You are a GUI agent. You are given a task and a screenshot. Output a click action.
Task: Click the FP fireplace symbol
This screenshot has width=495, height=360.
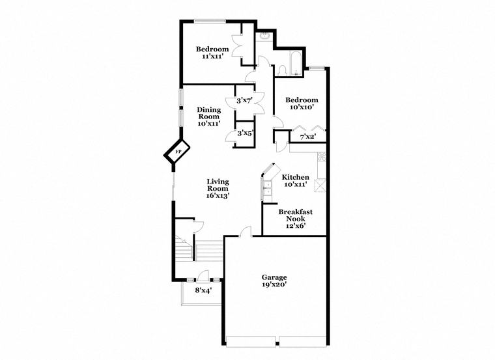(177, 152)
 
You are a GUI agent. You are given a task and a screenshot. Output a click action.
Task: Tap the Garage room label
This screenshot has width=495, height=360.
(274, 277)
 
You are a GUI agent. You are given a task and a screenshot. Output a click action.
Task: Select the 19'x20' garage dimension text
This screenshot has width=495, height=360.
(274, 284)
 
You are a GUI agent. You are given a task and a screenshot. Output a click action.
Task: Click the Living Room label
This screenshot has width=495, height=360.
(218, 185)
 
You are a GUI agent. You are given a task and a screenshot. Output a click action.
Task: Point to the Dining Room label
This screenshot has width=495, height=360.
(209, 113)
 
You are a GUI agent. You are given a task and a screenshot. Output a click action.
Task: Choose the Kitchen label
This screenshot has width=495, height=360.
(295, 177)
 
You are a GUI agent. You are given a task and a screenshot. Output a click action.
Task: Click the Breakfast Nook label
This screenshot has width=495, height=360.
(296, 215)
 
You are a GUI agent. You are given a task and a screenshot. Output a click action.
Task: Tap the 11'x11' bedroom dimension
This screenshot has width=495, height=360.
(212, 56)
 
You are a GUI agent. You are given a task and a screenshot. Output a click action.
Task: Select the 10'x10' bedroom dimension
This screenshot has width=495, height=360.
(302, 107)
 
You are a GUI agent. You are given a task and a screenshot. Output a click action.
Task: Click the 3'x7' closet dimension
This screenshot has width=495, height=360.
(244, 101)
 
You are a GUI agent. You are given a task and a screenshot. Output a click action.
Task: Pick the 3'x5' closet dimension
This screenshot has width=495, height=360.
(245, 133)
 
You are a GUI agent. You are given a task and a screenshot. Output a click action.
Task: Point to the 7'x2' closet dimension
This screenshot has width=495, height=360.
(308, 137)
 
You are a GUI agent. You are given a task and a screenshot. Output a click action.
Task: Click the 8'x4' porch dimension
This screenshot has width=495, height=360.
(203, 290)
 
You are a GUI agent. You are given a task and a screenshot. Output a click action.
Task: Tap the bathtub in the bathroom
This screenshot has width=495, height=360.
(296, 63)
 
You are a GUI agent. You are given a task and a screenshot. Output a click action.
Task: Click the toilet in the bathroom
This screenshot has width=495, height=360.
(282, 70)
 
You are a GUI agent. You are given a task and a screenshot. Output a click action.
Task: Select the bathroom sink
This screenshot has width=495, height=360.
(263, 36)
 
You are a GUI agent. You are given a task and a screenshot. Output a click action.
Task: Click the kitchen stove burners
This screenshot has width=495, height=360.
(322, 157)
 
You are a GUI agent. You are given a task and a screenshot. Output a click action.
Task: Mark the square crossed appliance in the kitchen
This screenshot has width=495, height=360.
(320, 185)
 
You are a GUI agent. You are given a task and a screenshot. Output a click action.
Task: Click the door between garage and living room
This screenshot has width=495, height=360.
(246, 232)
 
